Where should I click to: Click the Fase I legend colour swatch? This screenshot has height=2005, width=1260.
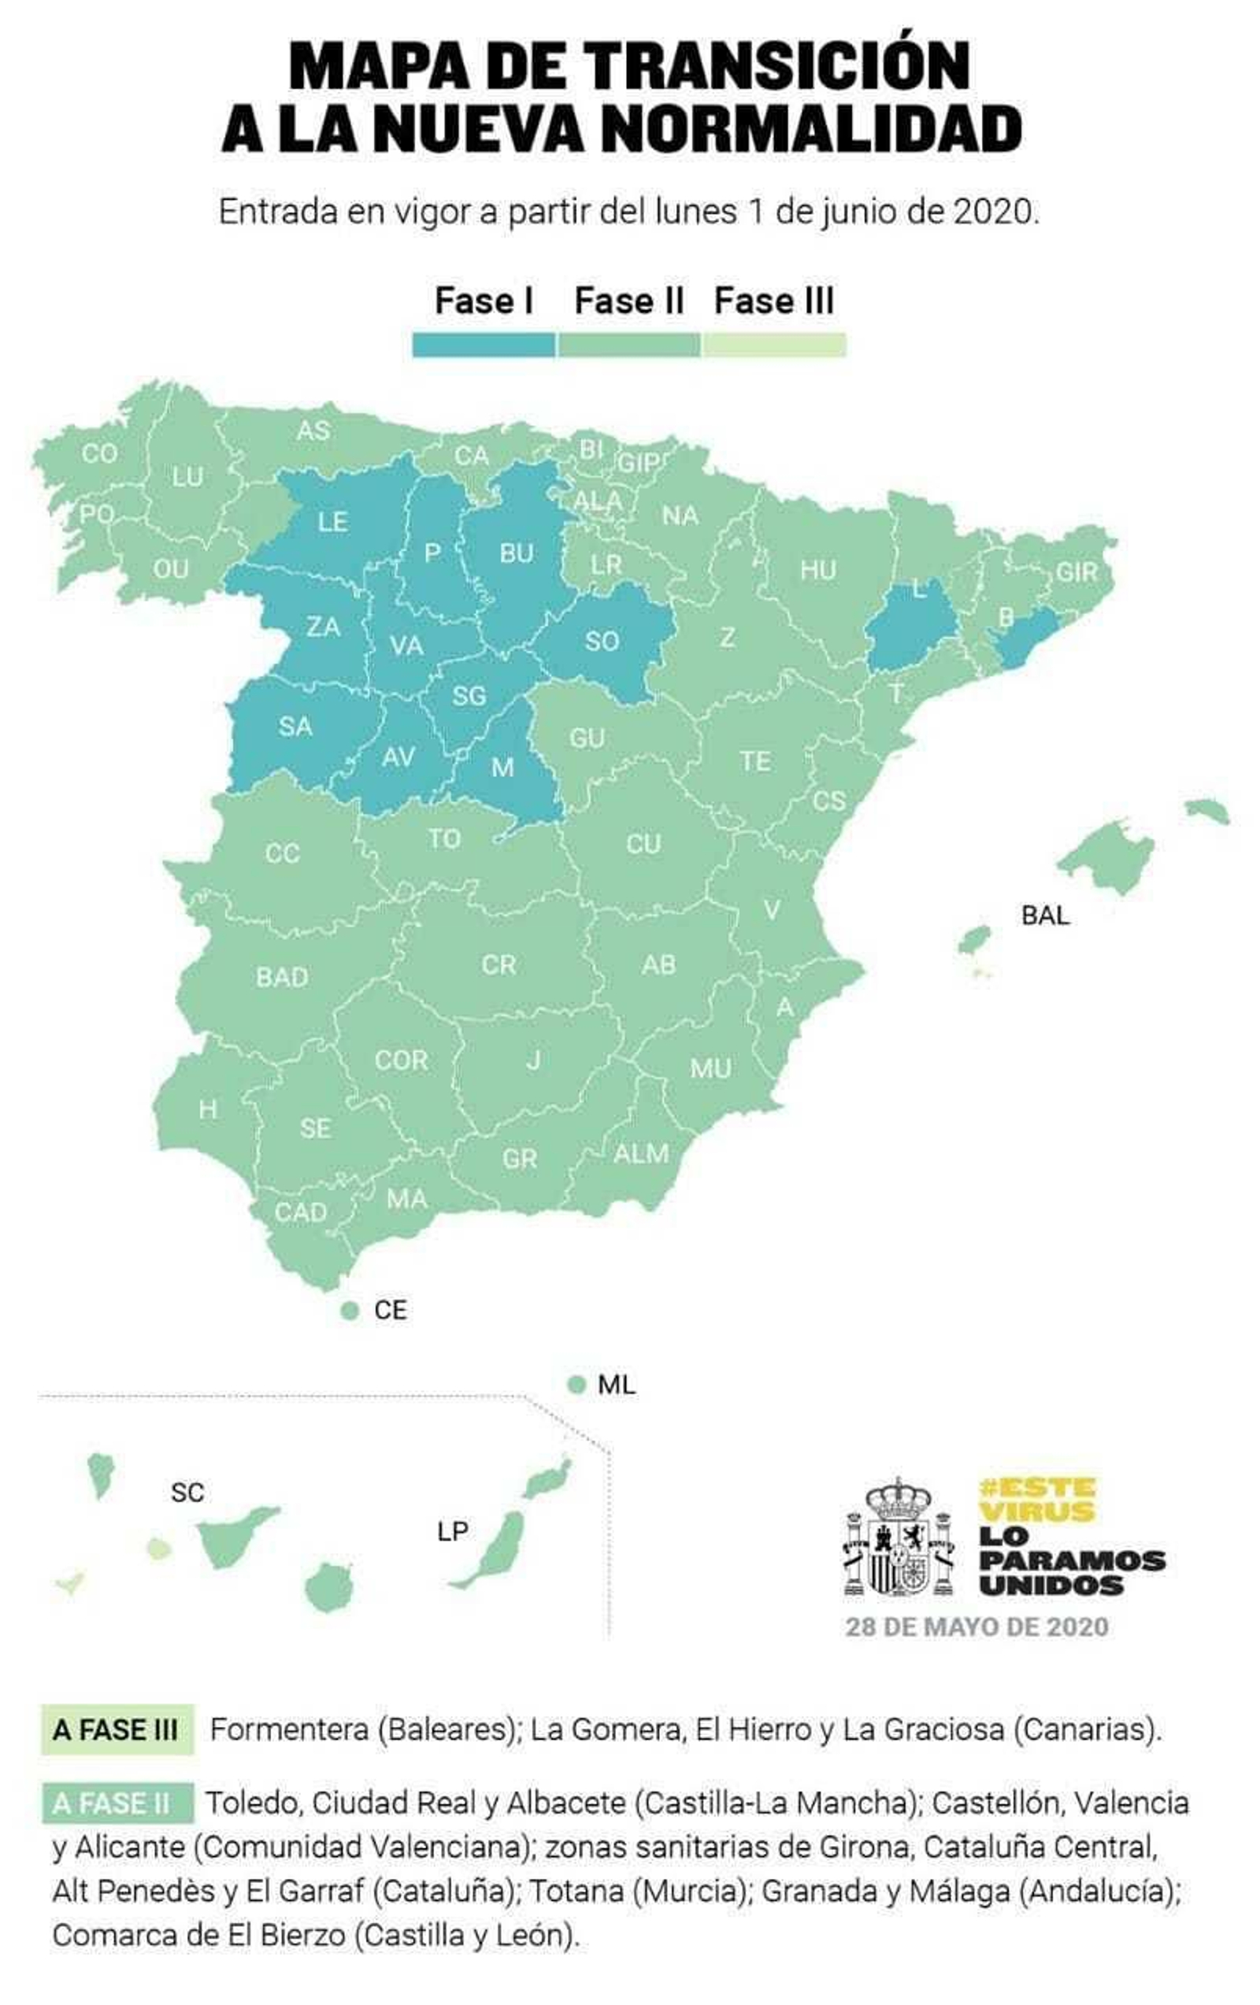pos(483,345)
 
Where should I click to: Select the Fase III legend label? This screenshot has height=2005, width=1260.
pos(773,301)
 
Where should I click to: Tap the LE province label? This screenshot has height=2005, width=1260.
pos(332,522)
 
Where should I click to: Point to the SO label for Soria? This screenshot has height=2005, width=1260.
pos(602,641)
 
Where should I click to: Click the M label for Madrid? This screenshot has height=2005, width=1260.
pos(502,767)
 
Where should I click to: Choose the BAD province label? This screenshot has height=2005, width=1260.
pos(281,977)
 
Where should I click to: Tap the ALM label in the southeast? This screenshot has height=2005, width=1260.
pos(641,1153)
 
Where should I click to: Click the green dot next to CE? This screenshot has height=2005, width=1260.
pos(350,1310)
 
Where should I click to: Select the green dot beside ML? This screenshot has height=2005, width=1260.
pos(576,1385)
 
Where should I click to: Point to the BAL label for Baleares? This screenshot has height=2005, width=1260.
pos(1044,916)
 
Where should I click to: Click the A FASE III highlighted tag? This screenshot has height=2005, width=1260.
pos(116,1730)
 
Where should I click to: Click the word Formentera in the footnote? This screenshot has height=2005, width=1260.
pos(288,1730)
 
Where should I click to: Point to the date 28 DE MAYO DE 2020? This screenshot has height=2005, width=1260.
pos(976,1627)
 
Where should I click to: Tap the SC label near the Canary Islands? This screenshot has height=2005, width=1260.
pos(187,1492)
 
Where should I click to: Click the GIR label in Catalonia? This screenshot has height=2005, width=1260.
pos(1076,572)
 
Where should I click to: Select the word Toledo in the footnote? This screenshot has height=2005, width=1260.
pos(251,1803)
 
